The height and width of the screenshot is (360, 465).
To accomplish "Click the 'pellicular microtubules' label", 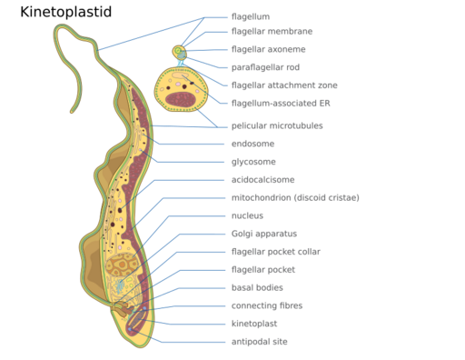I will (x=277, y=125).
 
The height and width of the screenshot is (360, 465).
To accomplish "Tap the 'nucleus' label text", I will (x=248, y=215).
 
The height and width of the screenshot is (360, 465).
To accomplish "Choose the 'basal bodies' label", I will (x=254, y=288).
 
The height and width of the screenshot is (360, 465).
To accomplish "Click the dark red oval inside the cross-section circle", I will (x=180, y=97).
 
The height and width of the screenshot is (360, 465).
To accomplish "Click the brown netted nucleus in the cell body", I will (x=121, y=265).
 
